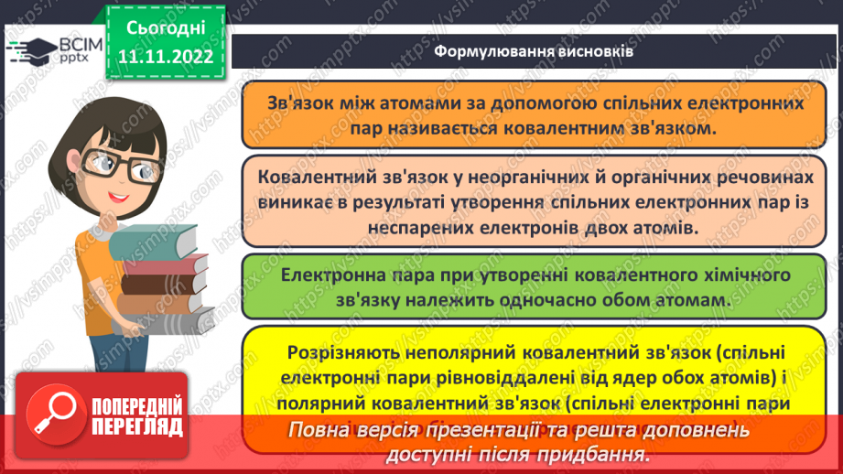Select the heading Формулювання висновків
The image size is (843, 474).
[534, 52]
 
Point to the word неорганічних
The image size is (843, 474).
[458, 178]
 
